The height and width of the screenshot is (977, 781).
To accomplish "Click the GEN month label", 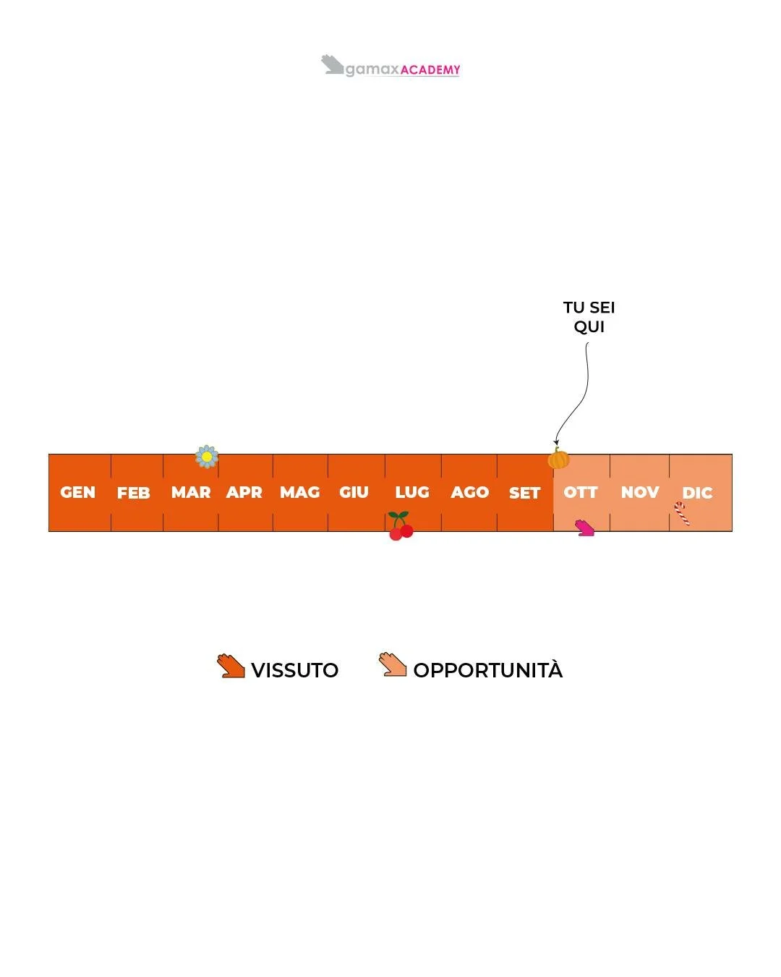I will (78, 493).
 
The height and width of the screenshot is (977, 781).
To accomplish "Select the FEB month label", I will (134, 494).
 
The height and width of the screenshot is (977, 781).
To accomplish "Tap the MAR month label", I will (191, 493).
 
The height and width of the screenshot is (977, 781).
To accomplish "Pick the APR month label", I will (244, 493).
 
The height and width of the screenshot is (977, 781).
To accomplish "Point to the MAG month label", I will (300, 493).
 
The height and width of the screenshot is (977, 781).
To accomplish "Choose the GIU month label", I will (354, 493).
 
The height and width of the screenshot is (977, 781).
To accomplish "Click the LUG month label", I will (412, 493).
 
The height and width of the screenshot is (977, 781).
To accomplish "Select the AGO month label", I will (470, 493).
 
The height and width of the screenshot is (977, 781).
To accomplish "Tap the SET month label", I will (525, 494).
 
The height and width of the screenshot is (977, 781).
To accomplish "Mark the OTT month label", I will (581, 493).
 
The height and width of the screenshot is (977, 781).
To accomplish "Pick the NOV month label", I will (640, 493).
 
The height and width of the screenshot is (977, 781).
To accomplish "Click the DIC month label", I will (698, 494).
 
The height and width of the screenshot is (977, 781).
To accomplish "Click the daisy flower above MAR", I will (207, 457).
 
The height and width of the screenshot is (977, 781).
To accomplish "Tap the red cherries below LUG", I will (401, 527).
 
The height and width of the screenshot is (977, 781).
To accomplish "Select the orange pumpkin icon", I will (558, 459).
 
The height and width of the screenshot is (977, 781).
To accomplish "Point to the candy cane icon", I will (681, 512).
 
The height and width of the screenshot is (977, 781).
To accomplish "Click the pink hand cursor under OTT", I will (584, 528).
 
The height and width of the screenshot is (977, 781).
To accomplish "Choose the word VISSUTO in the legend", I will (295, 670).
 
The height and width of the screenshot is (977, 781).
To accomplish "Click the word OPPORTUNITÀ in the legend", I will (488, 670).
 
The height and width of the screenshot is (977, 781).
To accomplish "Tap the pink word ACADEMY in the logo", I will (430, 70).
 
